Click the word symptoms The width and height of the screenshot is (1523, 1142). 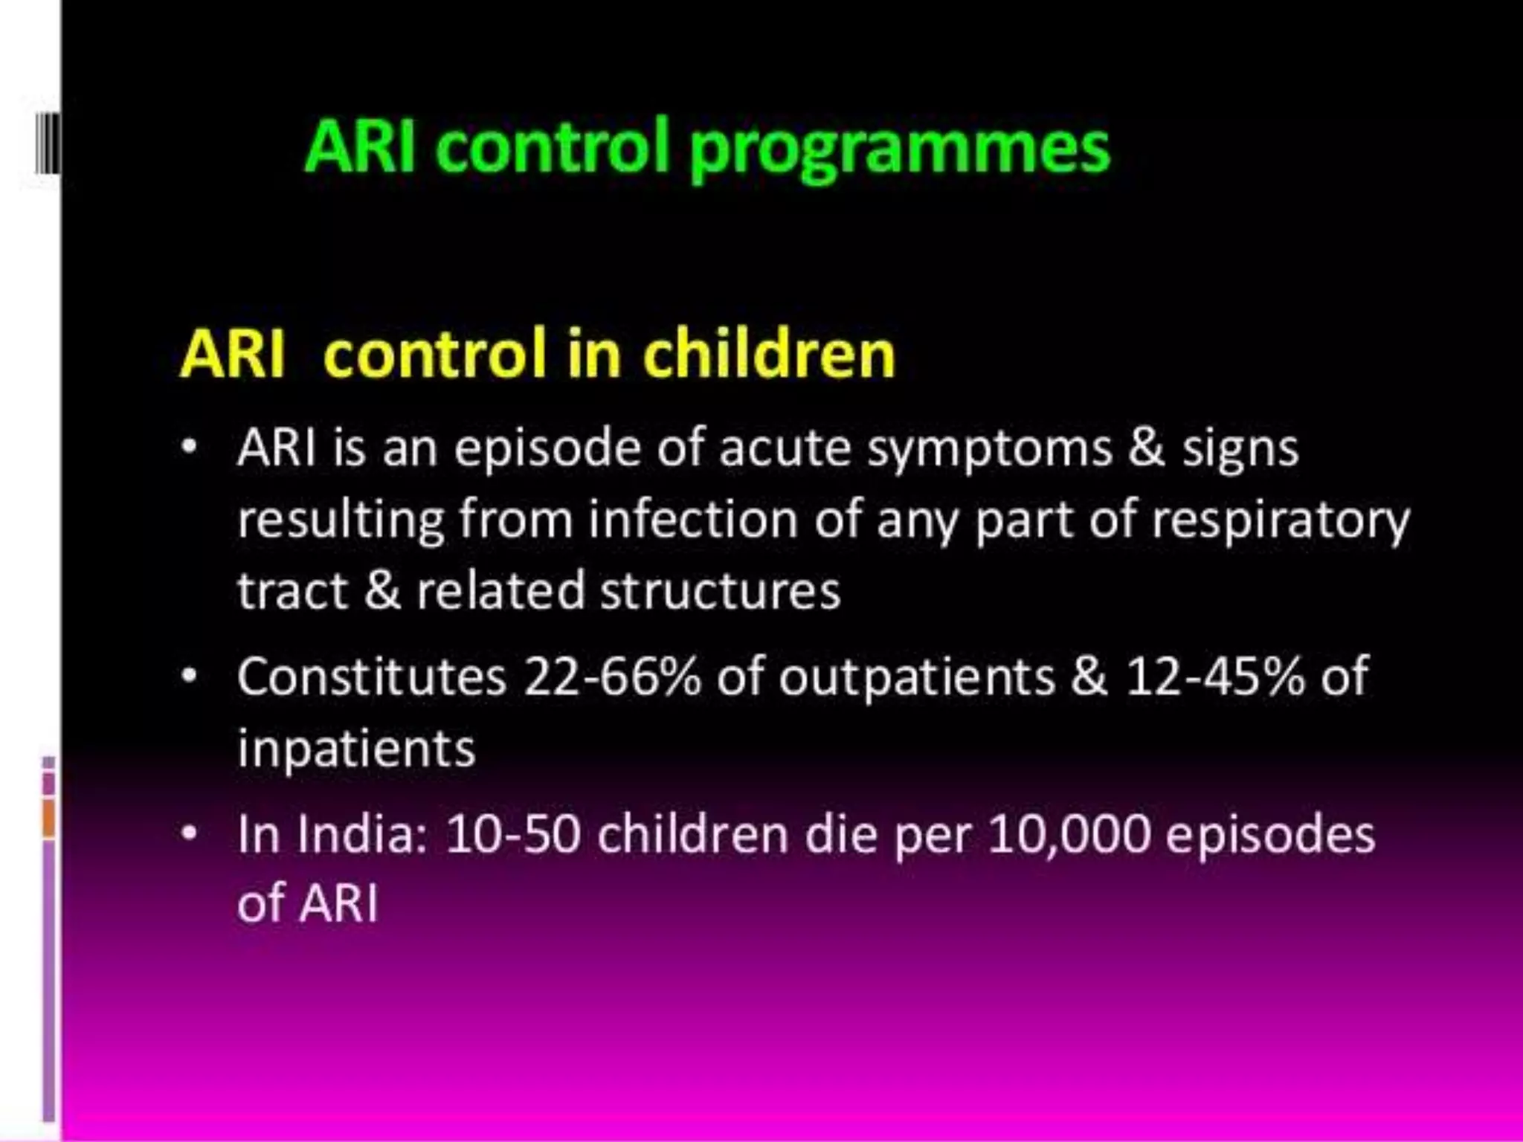tap(989, 450)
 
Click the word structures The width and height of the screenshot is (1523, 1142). tap(720, 590)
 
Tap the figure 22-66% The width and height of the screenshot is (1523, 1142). tap(611, 677)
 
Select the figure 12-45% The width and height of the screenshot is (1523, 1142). tap(1214, 677)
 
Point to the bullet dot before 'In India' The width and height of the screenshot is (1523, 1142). tap(190, 833)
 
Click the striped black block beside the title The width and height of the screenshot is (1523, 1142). tap(48, 143)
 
